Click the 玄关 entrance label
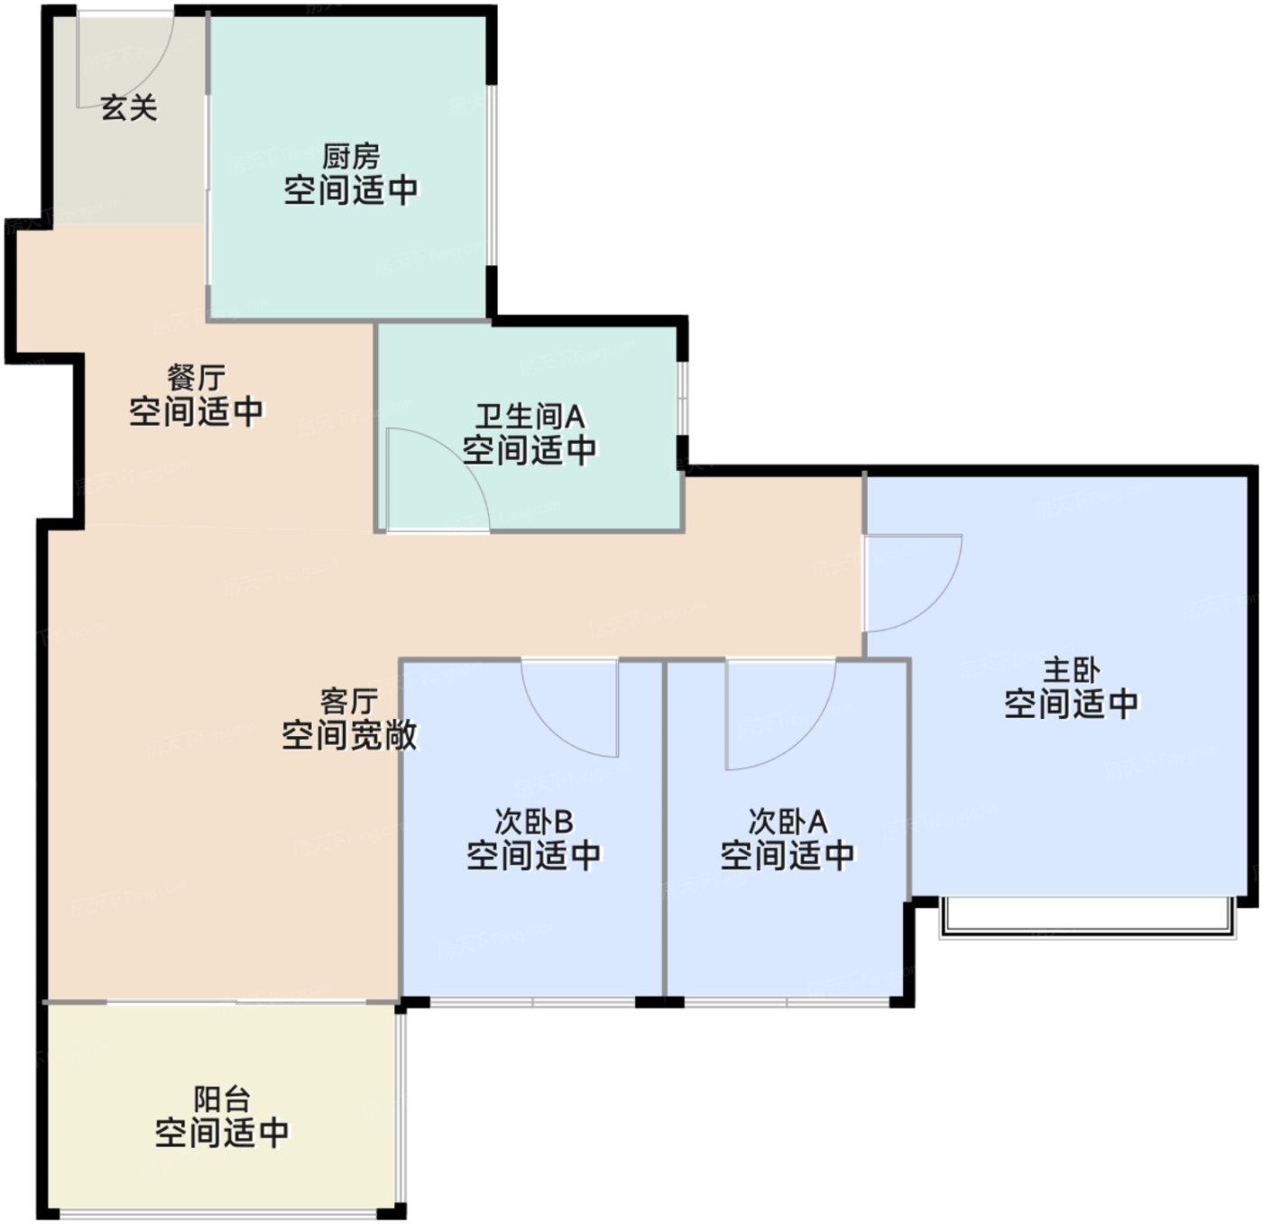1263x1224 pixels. pos(129,107)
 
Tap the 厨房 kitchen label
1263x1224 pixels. pos(351,156)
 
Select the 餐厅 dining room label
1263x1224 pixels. pos(196,378)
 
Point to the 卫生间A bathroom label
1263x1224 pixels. pos(530,417)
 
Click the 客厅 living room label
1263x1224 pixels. pos(349,702)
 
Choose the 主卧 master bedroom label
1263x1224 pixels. pos(1072,670)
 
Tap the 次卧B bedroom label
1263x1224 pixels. pos(534,822)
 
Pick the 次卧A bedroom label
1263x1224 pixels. pos(788,822)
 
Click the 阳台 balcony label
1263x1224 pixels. pos(222,1100)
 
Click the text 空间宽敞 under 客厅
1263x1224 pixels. pos(349,735)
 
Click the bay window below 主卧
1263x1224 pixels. pos(1088,918)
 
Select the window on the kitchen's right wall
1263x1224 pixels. pos(493,175)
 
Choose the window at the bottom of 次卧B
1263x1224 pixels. pos(532,1002)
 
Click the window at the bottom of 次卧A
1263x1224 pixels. pos(787,1002)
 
